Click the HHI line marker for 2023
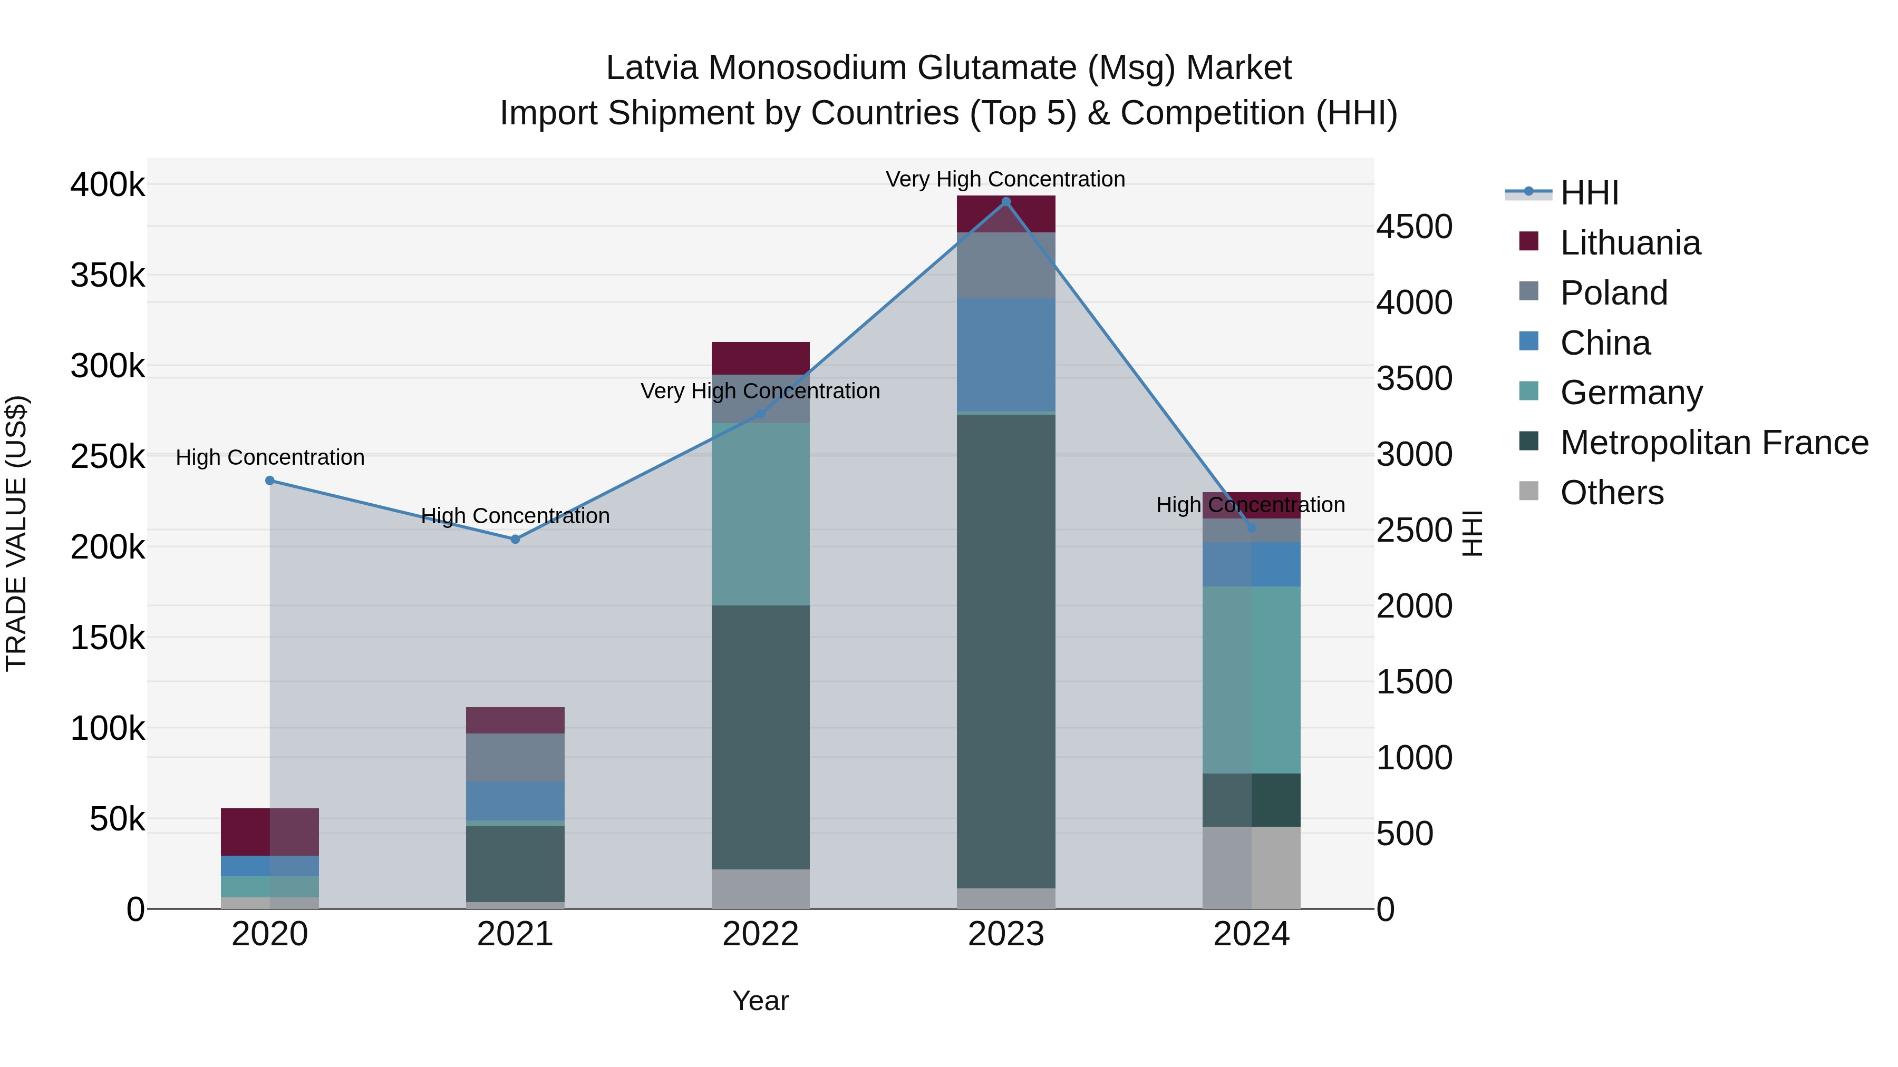pos(1006,202)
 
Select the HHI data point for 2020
pos(269,481)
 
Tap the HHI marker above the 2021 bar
pos(515,539)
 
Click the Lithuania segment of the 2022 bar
pos(760,358)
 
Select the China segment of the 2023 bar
pos(1006,355)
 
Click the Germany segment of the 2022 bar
pos(760,514)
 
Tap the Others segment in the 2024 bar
pos(1251,867)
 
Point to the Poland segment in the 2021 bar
pos(515,757)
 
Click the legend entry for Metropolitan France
pos(1714,443)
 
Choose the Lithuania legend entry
pos(1630,243)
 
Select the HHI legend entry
pos(1589,193)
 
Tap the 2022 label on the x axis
pos(760,934)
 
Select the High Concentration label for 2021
pos(515,515)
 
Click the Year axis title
pos(760,1001)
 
